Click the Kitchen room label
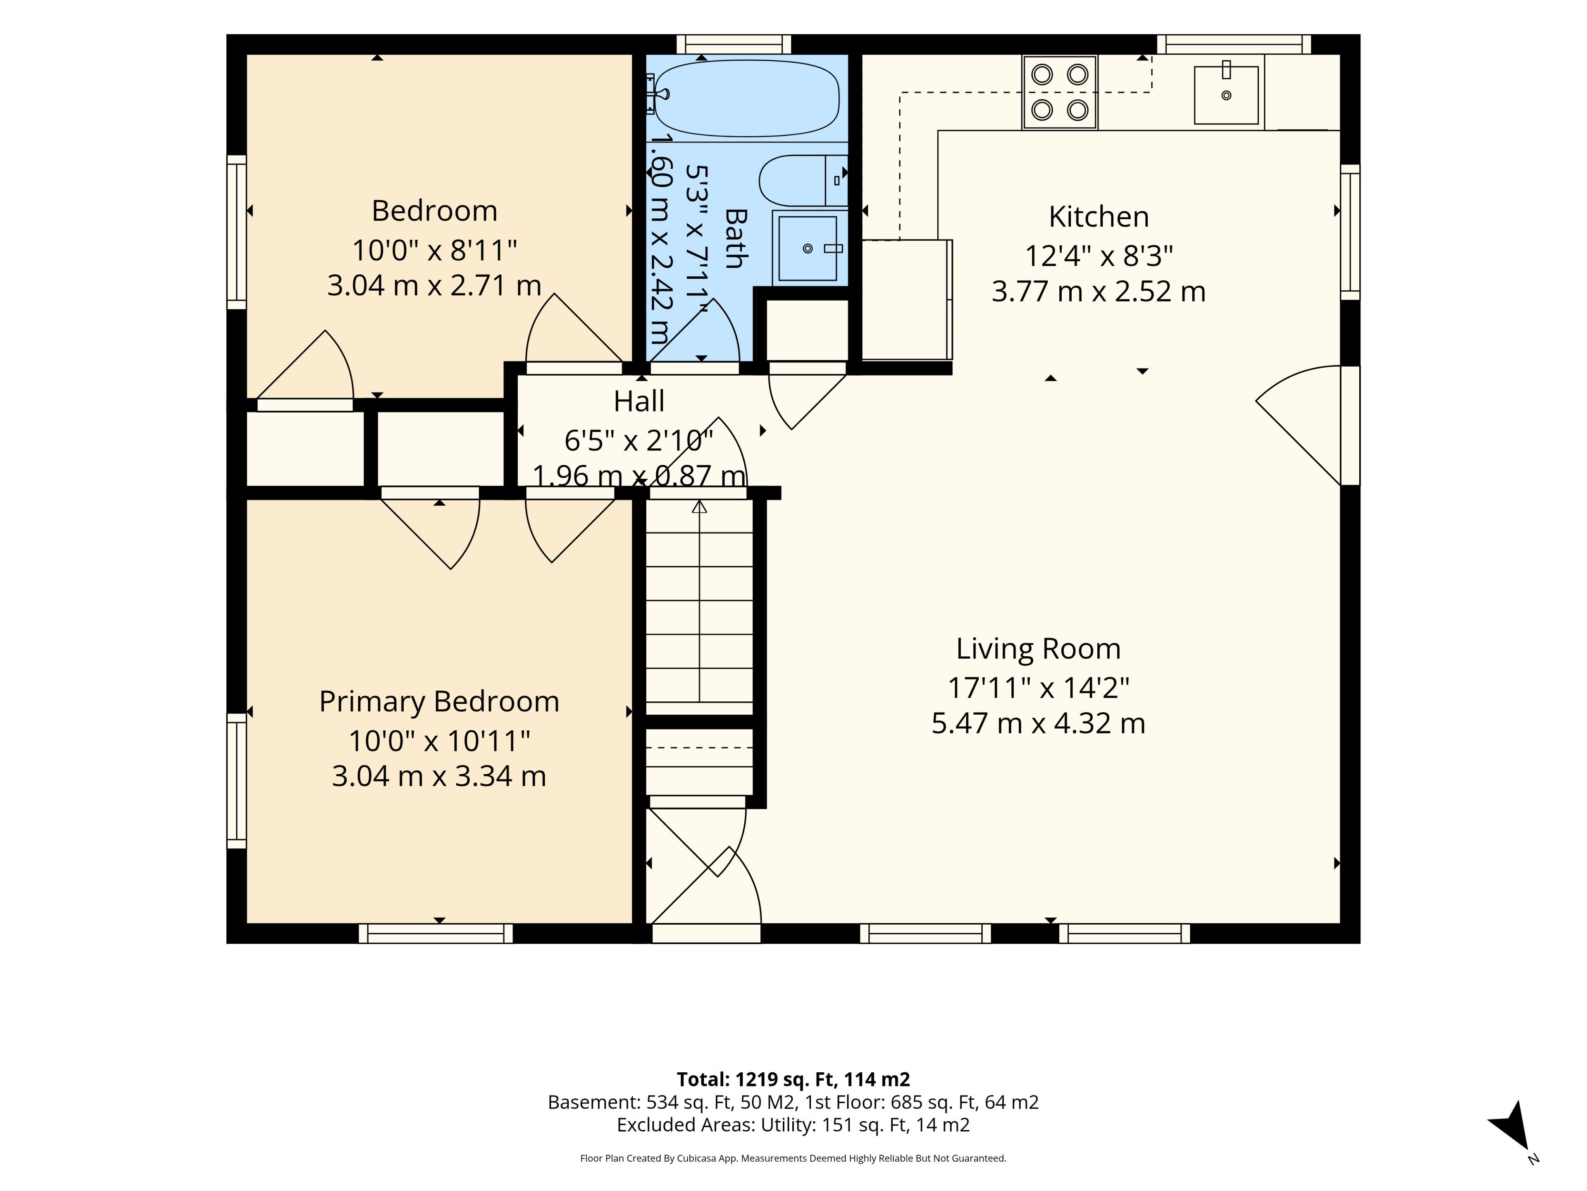tap(1099, 216)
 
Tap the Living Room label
tap(1038, 648)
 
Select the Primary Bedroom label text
tap(439, 701)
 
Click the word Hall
tap(639, 401)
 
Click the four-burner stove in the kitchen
tap(1060, 93)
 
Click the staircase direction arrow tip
tap(700, 501)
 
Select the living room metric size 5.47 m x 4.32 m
tap(1038, 723)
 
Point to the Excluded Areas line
tap(793, 1124)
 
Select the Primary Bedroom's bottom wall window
tap(436, 933)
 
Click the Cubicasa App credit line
tap(793, 1158)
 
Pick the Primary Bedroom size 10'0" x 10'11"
tap(439, 740)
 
